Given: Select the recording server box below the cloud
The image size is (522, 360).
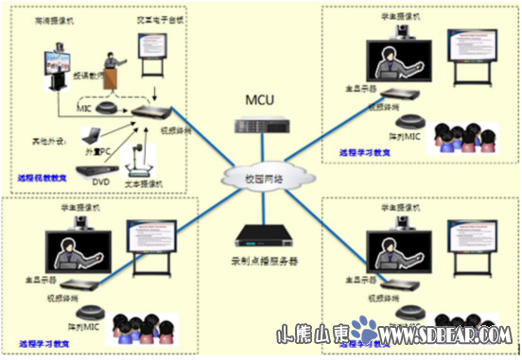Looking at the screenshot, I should click(259, 235).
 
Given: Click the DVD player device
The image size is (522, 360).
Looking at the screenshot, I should click(94, 176).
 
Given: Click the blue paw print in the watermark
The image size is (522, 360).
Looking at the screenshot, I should click(363, 331).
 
